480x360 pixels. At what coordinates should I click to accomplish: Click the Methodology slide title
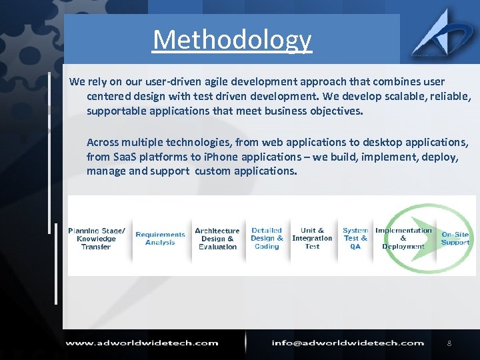[232, 40]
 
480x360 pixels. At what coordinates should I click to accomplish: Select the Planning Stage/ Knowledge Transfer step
[97, 239]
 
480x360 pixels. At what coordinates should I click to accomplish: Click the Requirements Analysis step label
[160, 239]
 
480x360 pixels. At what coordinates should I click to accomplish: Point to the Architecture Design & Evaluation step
[217, 239]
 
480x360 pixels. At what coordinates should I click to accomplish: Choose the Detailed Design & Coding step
[267, 239]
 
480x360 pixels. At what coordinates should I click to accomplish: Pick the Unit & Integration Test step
[312, 239]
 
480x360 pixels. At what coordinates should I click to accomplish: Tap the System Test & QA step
[355, 239]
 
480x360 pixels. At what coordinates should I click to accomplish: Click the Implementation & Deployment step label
[403, 239]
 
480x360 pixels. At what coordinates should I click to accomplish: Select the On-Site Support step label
[455, 239]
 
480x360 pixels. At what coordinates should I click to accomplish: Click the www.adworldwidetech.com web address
[141, 343]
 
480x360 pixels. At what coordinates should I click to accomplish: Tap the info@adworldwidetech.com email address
[348, 343]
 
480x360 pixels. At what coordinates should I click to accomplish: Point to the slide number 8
[449, 343]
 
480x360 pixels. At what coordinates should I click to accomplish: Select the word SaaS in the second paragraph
[124, 157]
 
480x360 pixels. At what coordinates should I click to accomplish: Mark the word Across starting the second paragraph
[103, 143]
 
